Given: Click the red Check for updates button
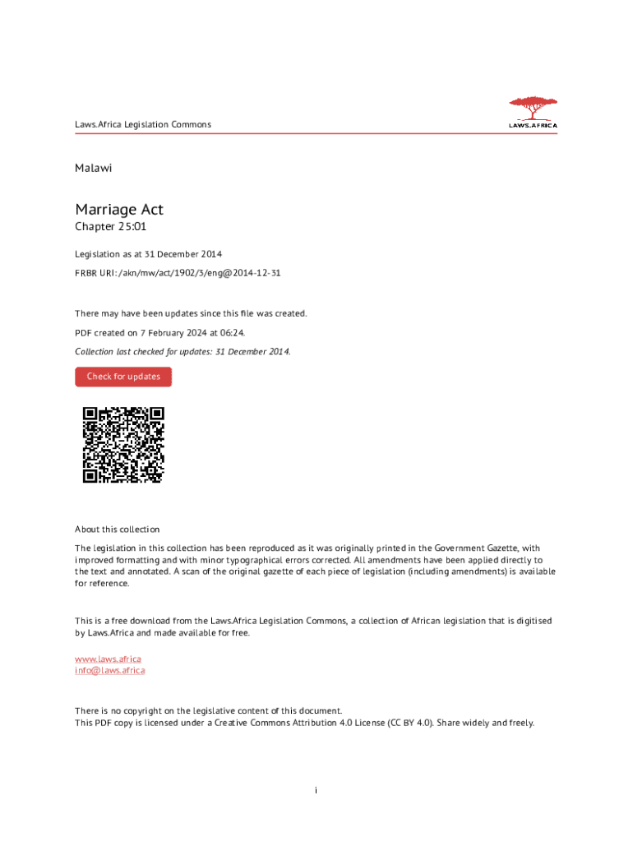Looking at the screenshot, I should click(123, 377).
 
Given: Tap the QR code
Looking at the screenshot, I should click(123, 445).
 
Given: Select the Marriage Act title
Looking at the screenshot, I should click(119, 210).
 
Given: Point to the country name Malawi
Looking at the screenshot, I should click(93, 168).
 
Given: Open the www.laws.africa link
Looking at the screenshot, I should click(108, 659).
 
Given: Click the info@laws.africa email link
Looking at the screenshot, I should click(110, 670).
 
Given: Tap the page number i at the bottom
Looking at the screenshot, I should click(316, 790).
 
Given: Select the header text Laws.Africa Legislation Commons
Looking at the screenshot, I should click(143, 125).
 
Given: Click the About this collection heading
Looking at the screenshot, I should click(118, 530).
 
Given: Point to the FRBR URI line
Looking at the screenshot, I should click(178, 272).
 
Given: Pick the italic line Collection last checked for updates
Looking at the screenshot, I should click(183, 351).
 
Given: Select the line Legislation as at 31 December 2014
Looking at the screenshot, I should click(149, 254).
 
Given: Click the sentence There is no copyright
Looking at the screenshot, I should click(209, 711).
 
